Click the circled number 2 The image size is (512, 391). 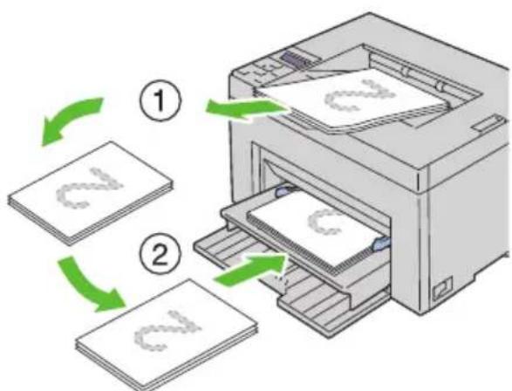(160, 254)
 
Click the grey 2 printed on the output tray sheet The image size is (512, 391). (360, 95)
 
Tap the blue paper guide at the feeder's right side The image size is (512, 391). (381, 244)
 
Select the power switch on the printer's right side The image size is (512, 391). (443, 288)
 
